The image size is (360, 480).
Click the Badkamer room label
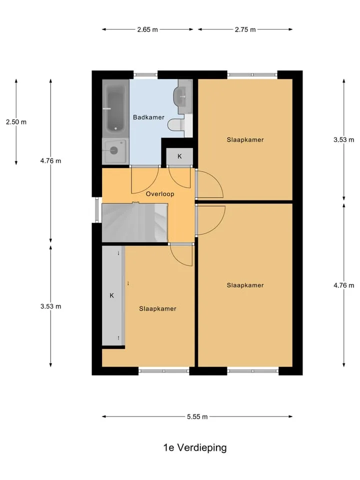(x=148, y=117)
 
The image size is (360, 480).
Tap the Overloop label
(x=160, y=194)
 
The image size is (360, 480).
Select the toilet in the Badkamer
(x=176, y=124)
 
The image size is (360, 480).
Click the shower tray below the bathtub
(x=115, y=150)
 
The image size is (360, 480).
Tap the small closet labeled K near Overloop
(x=179, y=156)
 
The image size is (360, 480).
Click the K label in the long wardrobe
(x=111, y=295)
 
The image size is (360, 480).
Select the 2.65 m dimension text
(x=147, y=29)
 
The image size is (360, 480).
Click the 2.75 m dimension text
(x=245, y=29)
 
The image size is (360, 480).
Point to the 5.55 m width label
(x=197, y=416)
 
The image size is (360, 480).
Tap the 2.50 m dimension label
(x=16, y=122)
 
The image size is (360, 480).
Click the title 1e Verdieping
(x=195, y=448)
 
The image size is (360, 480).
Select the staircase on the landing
(x=134, y=222)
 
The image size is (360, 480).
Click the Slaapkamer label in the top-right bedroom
(x=245, y=140)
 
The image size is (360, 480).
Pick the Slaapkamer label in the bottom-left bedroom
(x=157, y=309)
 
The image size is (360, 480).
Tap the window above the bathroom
(x=145, y=74)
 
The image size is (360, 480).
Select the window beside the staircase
(x=96, y=209)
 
